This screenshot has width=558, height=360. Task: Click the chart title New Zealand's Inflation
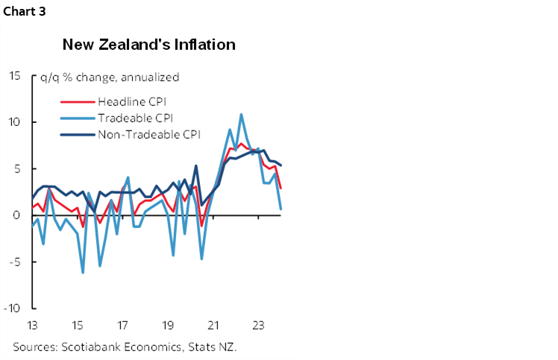coord(148,45)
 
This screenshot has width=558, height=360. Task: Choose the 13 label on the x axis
coord(32,325)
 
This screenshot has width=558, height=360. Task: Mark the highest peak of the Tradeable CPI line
coord(241,114)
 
